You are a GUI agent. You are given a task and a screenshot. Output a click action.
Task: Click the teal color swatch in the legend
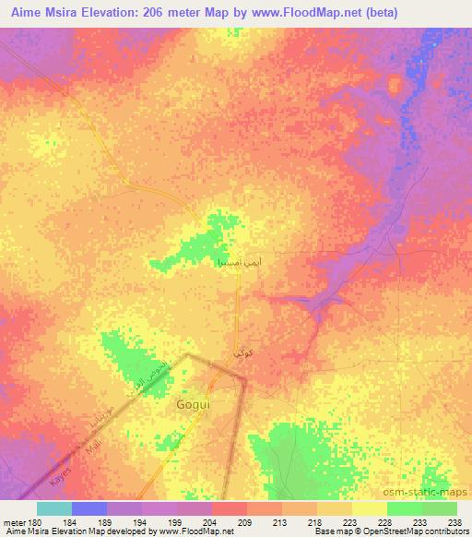pos(54,508)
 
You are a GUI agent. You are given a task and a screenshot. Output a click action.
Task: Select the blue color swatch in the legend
pos(89,508)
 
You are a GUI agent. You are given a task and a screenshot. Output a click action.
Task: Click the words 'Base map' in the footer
pos(327,531)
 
